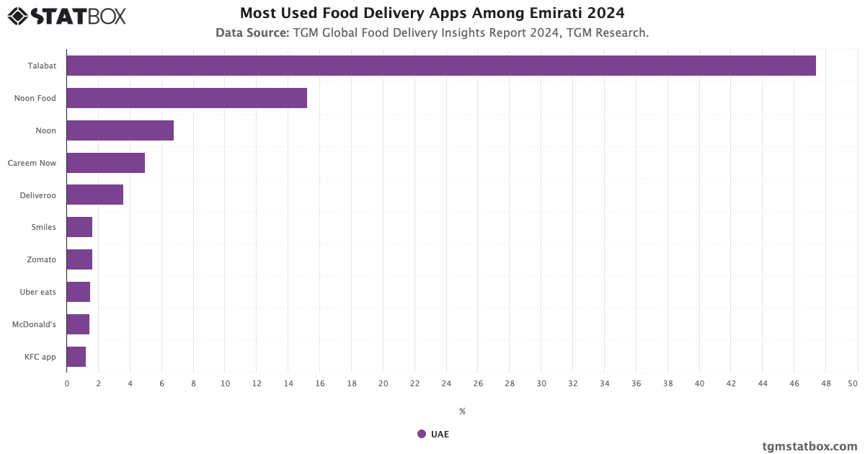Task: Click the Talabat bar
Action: (x=441, y=66)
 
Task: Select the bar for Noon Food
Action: (x=187, y=98)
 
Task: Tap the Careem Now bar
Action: (x=106, y=163)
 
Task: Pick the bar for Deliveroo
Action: (x=95, y=195)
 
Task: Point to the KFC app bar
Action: (x=76, y=357)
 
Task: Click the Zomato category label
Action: (x=41, y=259)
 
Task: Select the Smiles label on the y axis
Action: (x=43, y=227)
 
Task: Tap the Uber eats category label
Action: (x=38, y=292)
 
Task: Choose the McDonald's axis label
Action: (x=34, y=324)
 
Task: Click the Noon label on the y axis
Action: (x=46, y=130)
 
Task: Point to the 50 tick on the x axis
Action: (x=853, y=383)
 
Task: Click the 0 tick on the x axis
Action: (x=67, y=383)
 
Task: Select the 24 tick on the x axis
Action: (x=446, y=383)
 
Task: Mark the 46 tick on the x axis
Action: (x=794, y=383)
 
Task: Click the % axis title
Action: (x=462, y=411)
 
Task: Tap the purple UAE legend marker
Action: (x=422, y=434)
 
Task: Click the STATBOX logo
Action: (x=66, y=16)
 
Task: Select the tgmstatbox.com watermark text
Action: (x=809, y=446)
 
